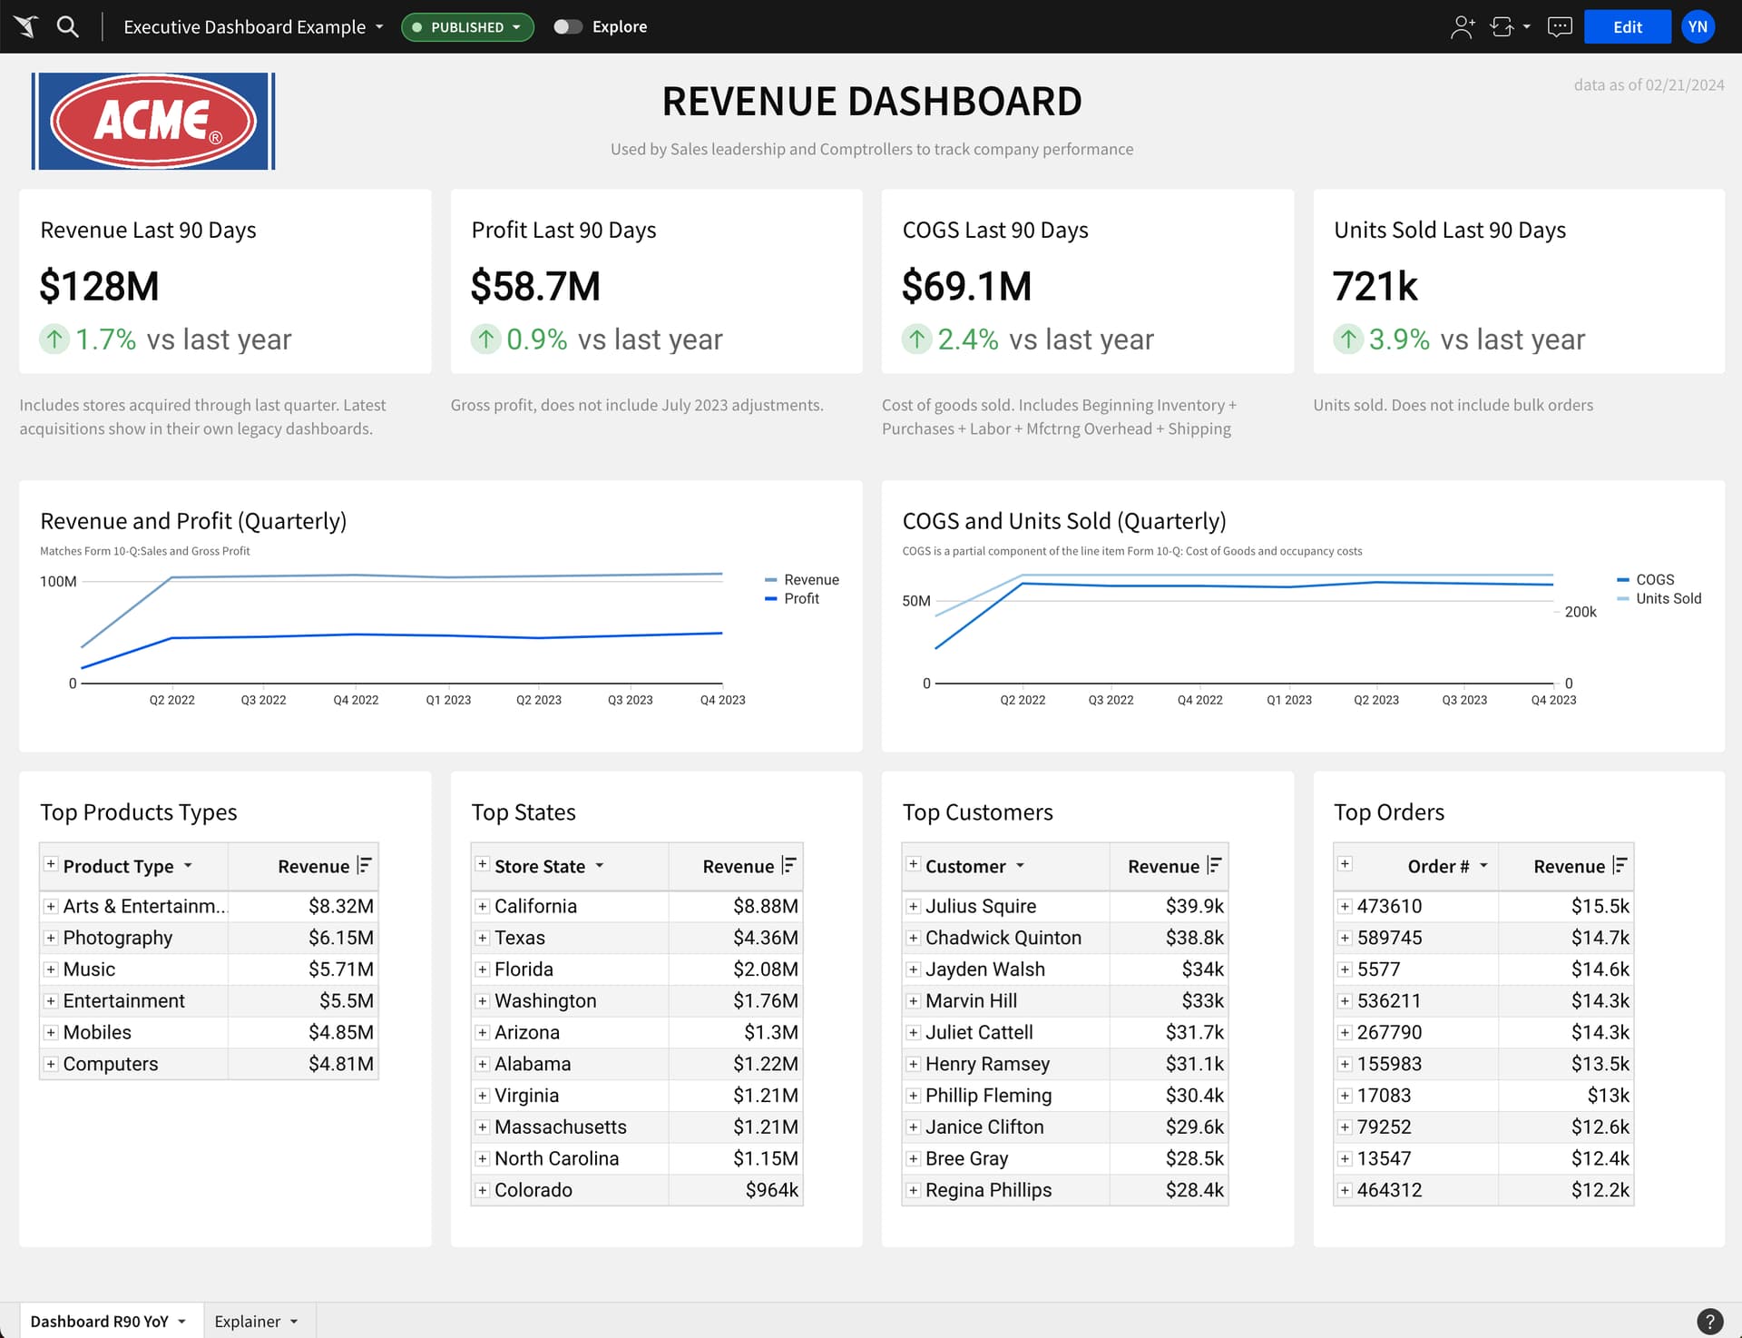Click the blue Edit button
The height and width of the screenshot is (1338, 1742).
pyautogui.click(x=1626, y=27)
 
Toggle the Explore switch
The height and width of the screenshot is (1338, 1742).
pyautogui.click(x=568, y=27)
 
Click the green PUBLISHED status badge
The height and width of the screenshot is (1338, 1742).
pyautogui.click(x=466, y=27)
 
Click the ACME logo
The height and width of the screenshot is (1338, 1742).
pyautogui.click(x=153, y=122)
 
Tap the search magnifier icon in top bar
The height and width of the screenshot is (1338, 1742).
pyautogui.click(x=68, y=26)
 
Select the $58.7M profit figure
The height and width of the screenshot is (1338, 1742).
pyautogui.click(x=535, y=286)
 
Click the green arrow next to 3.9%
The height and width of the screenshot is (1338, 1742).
pyautogui.click(x=1347, y=339)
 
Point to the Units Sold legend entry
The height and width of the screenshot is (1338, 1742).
pyautogui.click(x=1668, y=598)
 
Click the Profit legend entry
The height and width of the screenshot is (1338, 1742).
pyautogui.click(x=800, y=598)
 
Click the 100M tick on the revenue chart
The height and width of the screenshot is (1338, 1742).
pyautogui.click(x=58, y=581)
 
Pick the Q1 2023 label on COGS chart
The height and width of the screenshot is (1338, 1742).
pyautogui.click(x=1288, y=700)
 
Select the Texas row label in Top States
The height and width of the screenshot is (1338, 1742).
pyautogui.click(x=519, y=938)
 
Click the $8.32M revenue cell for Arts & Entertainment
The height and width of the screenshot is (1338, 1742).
pyautogui.click(x=340, y=906)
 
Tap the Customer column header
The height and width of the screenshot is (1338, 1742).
pyautogui.click(x=965, y=866)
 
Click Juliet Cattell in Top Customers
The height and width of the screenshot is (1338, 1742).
pyautogui.click(x=978, y=1032)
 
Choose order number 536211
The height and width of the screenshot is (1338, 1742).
pyautogui.click(x=1388, y=1000)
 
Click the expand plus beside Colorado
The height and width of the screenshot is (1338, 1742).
pyautogui.click(x=483, y=1190)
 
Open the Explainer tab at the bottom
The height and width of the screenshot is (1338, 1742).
pyautogui.click(x=247, y=1322)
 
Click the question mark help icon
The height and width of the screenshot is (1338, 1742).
pyautogui.click(x=1709, y=1321)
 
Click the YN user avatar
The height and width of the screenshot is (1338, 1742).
pyautogui.click(x=1698, y=27)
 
